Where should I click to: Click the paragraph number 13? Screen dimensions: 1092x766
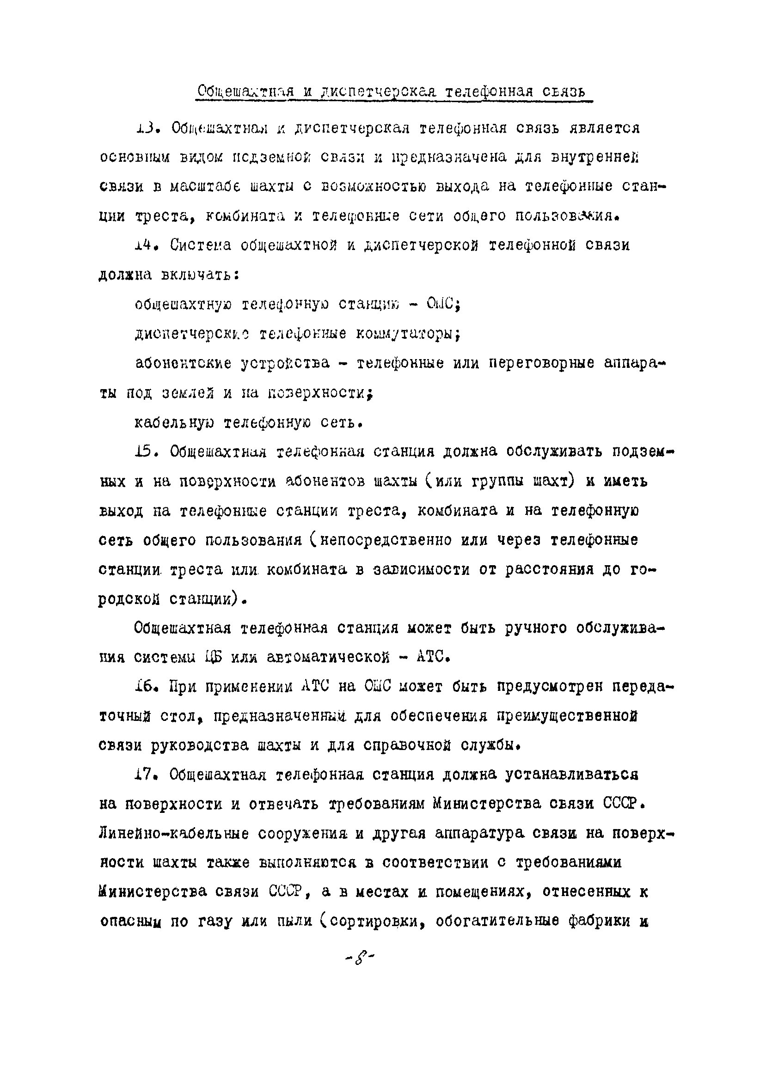[x=146, y=128]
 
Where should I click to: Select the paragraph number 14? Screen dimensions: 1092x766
[x=146, y=245]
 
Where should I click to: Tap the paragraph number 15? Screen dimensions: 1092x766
[x=146, y=452]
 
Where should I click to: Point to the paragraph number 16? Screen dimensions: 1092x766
[x=146, y=687]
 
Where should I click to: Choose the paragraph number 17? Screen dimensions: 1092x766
[x=146, y=775]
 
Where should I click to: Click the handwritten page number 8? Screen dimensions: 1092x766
[x=360, y=956]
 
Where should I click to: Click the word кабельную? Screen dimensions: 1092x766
[x=174, y=422]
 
